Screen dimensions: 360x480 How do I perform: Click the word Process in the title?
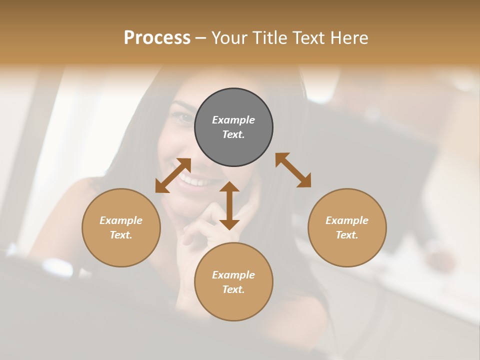pyautogui.click(x=157, y=38)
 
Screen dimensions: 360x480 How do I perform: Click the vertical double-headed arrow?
pyautogui.click(x=229, y=205)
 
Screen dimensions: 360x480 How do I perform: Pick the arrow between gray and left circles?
pyautogui.click(x=173, y=175)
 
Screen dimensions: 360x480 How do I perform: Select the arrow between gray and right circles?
pyautogui.click(x=293, y=170)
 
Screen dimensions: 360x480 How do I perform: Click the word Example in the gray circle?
pyautogui.click(x=233, y=120)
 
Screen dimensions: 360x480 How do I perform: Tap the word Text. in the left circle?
pyautogui.click(x=121, y=235)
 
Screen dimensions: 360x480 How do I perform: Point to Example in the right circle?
pyautogui.click(x=347, y=220)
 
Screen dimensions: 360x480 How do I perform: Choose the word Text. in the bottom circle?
pyautogui.click(x=233, y=289)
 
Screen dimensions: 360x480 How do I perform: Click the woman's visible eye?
pyautogui.click(x=182, y=117)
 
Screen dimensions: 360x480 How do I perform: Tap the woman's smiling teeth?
pyautogui.click(x=192, y=180)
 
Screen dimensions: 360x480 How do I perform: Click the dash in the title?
pyautogui.click(x=201, y=38)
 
